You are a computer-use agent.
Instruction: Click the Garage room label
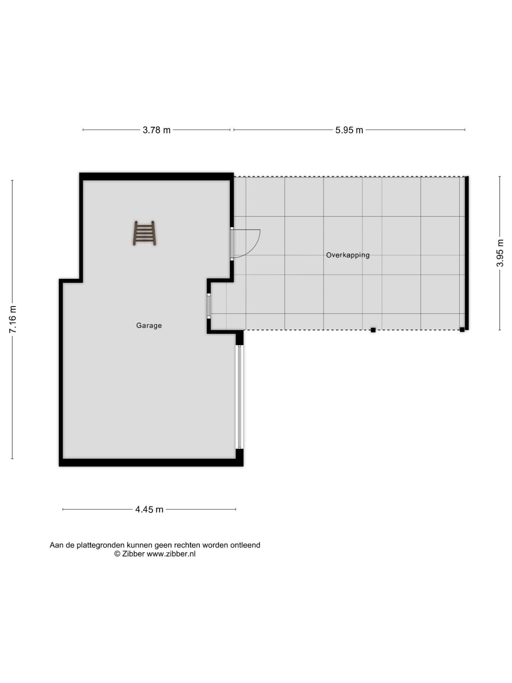(x=149, y=325)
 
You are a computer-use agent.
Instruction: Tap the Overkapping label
(x=348, y=255)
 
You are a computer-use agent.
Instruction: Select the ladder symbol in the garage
(x=144, y=233)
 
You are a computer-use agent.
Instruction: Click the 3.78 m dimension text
(x=156, y=130)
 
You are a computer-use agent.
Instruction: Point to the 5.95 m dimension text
(x=349, y=130)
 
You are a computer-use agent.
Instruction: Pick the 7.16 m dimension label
(x=13, y=319)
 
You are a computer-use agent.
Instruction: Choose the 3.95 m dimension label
(x=500, y=253)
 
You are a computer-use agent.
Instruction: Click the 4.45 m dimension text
(x=149, y=509)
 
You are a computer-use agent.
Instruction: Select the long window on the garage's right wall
(x=240, y=397)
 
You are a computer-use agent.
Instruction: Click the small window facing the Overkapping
(x=209, y=306)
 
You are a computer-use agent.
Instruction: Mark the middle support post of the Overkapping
(x=373, y=330)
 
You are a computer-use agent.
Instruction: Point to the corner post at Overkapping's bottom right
(x=462, y=330)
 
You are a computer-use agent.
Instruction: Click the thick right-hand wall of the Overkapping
(x=467, y=253)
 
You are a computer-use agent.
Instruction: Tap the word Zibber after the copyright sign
(x=133, y=554)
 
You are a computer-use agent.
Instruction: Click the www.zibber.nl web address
(x=171, y=554)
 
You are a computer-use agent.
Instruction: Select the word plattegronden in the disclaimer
(x=100, y=545)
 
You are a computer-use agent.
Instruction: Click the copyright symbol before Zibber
(x=117, y=554)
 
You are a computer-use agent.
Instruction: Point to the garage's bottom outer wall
(x=151, y=463)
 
